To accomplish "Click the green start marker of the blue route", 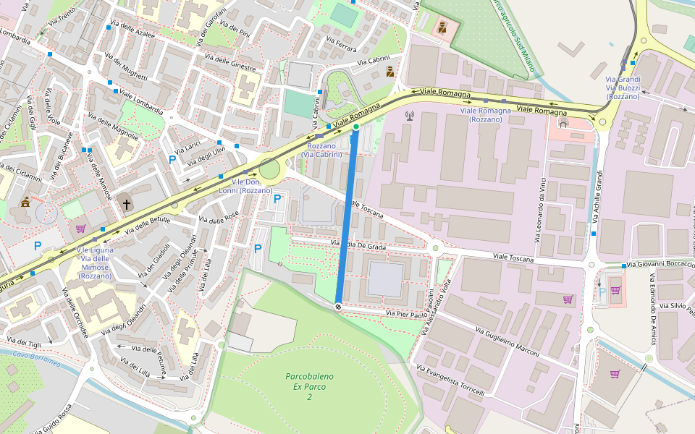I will pyautogui.click(x=355, y=127).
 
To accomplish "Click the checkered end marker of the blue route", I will pyautogui.click(x=338, y=307).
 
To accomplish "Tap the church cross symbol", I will pyautogui.click(x=127, y=205).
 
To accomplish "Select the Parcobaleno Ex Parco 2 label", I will pyautogui.click(x=309, y=387).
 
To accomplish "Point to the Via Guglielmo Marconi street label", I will pyautogui.click(x=507, y=341).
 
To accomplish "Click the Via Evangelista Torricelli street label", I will pyautogui.click(x=455, y=380).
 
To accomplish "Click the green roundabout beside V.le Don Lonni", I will pyautogui.click(x=269, y=170).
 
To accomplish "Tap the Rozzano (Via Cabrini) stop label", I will pyautogui.click(x=321, y=150).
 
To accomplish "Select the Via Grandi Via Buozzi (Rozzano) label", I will pyautogui.click(x=623, y=88).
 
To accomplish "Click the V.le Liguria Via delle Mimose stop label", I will pyautogui.click(x=95, y=263).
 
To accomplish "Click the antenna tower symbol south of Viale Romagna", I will pyautogui.click(x=408, y=115).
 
